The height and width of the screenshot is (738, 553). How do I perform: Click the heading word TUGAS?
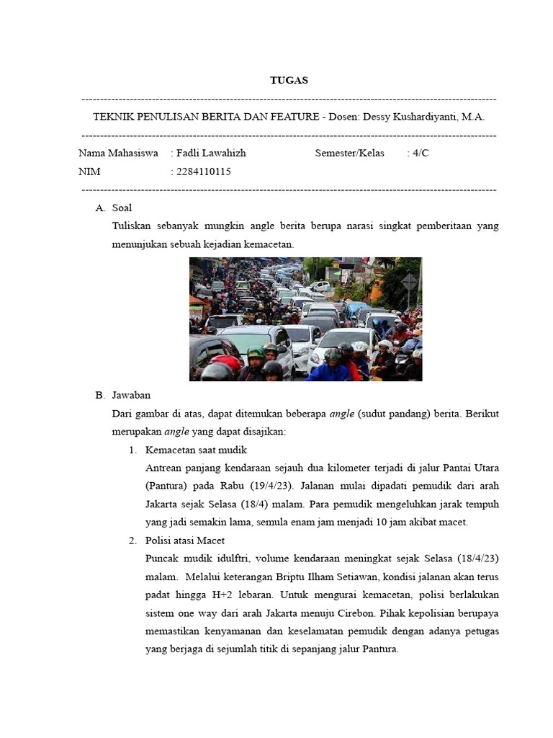(289, 80)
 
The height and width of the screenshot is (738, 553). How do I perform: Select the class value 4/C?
(421, 153)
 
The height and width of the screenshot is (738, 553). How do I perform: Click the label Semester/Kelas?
(349, 153)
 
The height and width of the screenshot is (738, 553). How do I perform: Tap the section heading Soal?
(122, 208)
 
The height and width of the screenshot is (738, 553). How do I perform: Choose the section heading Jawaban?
(131, 395)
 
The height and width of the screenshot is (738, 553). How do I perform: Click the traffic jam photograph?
(305, 319)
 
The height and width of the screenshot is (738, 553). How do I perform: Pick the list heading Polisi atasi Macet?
(184, 541)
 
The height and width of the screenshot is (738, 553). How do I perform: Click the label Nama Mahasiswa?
(118, 153)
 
